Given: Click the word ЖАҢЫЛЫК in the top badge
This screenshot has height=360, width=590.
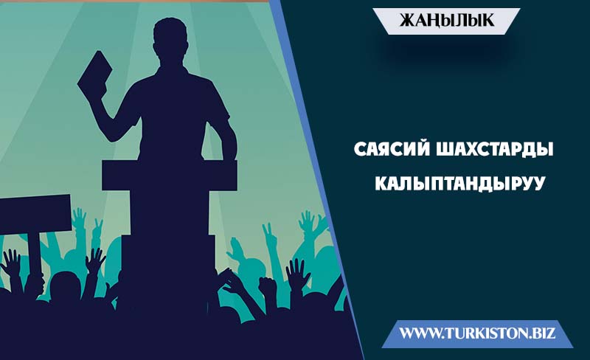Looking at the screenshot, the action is pyautogui.click(x=447, y=21).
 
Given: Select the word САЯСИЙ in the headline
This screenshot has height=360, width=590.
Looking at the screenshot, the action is pyautogui.click(x=392, y=150).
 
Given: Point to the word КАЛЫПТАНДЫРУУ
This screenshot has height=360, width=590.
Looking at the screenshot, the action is pyautogui.click(x=460, y=184).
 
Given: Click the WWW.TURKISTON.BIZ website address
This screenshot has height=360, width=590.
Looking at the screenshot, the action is pyautogui.click(x=477, y=333).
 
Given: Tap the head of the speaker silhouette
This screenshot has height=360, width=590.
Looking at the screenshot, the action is pyautogui.click(x=170, y=39).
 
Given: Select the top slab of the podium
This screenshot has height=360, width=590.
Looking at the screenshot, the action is pyautogui.click(x=170, y=176).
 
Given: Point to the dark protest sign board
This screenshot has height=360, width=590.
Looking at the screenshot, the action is pyautogui.click(x=35, y=214).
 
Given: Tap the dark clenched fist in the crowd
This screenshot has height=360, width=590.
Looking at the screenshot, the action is pyautogui.click(x=268, y=286).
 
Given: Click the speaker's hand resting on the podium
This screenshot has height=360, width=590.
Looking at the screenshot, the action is pyautogui.click(x=229, y=155).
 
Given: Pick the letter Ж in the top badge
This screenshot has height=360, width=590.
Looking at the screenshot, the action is pyautogui.click(x=407, y=21).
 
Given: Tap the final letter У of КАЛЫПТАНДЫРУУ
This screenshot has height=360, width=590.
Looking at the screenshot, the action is pyautogui.click(x=538, y=184).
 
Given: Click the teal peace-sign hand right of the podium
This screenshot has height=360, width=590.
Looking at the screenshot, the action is pyautogui.click(x=269, y=235).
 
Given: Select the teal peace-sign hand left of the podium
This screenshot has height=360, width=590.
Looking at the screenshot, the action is pyautogui.click(x=97, y=229).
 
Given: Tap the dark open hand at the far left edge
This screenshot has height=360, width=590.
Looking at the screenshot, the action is pyautogui.click(x=11, y=263).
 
